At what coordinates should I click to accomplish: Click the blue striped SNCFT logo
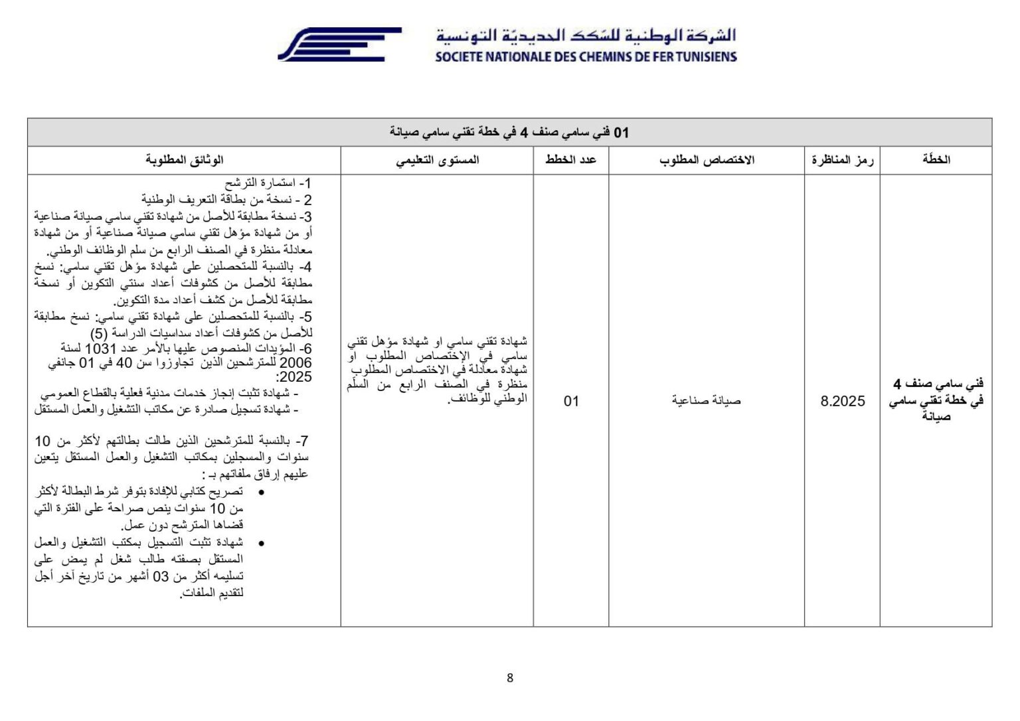[x=339, y=44]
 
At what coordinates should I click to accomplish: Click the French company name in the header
[x=586, y=57]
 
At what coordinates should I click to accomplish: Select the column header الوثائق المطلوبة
[x=184, y=160]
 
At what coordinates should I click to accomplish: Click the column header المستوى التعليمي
[x=437, y=160]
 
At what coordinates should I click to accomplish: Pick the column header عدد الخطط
[x=570, y=160]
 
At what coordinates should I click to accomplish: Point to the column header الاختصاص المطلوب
[x=707, y=160]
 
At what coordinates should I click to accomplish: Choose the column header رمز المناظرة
[x=842, y=160]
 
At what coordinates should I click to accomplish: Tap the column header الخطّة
[x=936, y=160]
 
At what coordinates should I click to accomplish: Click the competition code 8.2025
[x=843, y=401]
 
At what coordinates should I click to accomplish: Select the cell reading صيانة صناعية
[x=706, y=401]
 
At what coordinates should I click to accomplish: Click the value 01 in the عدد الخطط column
[x=571, y=401]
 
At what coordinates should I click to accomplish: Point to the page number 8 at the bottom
[x=510, y=678]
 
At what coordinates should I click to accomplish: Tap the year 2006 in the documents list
[x=296, y=363]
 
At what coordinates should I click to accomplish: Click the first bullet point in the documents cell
[x=260, y=492]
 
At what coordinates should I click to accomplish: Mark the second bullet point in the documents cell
[x=260, y=543]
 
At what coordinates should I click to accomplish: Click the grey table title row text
[x=509, y=133]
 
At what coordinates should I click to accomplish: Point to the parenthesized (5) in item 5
[x=99, y=333]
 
